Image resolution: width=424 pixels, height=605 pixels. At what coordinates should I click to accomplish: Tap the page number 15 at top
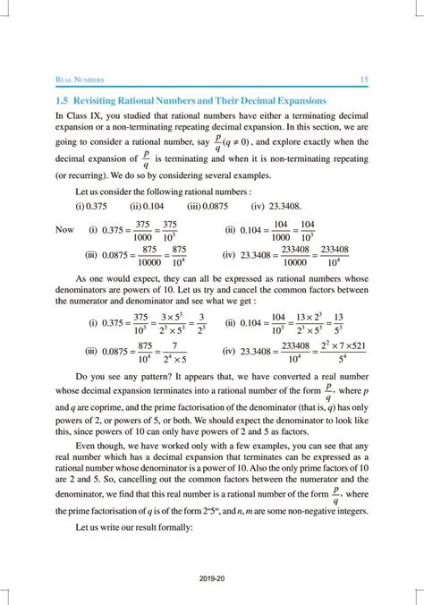tap(364, 81)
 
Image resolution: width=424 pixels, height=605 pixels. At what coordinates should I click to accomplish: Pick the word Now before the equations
tap(64, 230)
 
